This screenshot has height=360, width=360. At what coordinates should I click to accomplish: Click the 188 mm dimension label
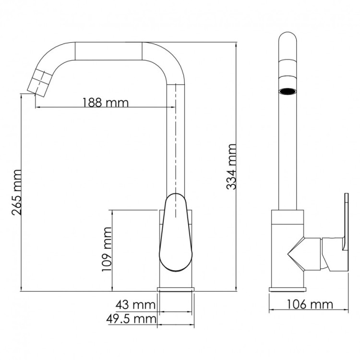coord(105,102)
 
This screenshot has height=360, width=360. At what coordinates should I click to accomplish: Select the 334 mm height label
coord(231,166)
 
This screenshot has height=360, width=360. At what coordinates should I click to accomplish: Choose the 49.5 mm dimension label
coord(131,319)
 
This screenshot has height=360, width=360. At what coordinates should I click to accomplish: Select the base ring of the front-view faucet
coord(176,289)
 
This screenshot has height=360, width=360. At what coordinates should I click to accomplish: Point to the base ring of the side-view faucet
coord(287,289)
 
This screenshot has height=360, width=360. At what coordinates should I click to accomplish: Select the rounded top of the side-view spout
coord(288,41)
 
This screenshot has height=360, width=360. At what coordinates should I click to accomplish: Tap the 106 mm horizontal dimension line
coord(307,310)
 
